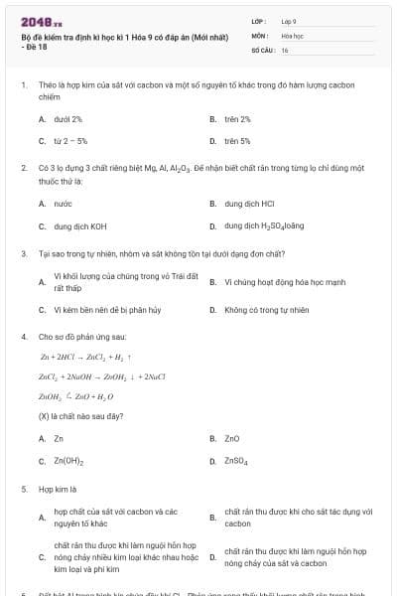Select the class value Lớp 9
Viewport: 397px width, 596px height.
click(289, 21)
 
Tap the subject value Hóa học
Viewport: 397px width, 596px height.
click(292, 35)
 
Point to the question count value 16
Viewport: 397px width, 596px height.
click(285, 49)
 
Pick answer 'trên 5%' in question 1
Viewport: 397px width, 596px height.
click(237, 141)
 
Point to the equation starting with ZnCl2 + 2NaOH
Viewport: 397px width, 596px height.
click(94, 376)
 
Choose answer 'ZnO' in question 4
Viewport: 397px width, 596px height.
click(232, 438)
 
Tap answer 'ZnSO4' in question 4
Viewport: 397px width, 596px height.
click(235, 461)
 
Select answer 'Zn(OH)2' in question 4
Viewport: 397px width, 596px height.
click(68, 461)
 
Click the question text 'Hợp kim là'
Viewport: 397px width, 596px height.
click(58, 489)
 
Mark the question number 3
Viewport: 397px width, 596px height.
click(23, 253)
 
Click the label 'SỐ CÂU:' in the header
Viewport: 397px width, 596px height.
click(262, 49)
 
